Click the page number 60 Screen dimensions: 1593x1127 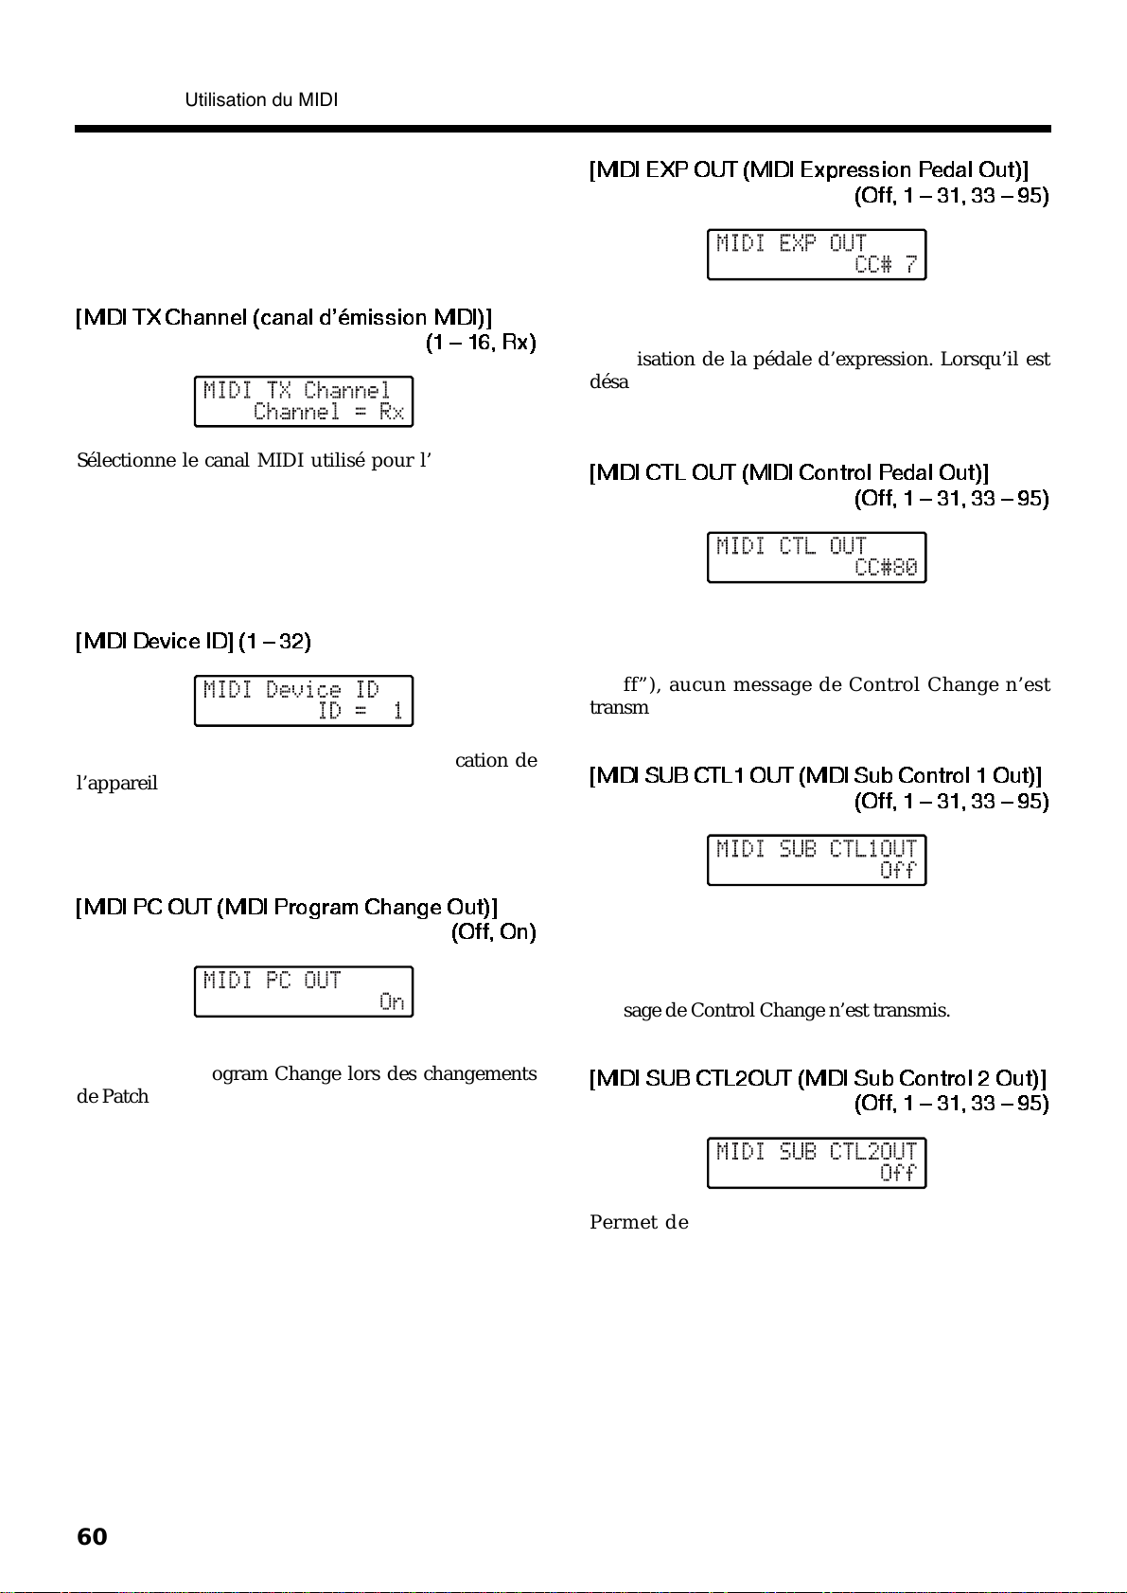pos(92,1536)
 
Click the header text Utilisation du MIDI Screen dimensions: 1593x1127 pos(261,99)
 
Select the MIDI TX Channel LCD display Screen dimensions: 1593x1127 pos(304,401)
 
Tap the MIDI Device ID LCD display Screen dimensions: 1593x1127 pos(304,700)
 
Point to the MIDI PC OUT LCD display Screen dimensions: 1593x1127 pos(304,991)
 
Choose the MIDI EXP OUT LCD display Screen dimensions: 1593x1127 pos(817,255)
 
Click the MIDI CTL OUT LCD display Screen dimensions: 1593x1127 pos(817,558)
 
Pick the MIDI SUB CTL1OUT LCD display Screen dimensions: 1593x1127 pos(817,859)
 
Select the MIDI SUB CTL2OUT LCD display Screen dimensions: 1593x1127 pos(817,1162)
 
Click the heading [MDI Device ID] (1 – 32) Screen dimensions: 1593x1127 pos(193,642)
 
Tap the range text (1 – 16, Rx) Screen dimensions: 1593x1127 pos(481,343)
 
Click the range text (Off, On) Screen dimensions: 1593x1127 pos(493,932)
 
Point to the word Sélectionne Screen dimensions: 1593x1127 pos(127,461)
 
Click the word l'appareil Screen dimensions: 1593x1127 pos(116,784)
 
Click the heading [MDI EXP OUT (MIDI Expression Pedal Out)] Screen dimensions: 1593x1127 pos(808,170)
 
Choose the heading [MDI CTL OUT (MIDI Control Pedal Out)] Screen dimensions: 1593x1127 pos(788,473)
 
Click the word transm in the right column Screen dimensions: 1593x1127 pos(619,708)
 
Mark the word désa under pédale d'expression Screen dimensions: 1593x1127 pos(608,382)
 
